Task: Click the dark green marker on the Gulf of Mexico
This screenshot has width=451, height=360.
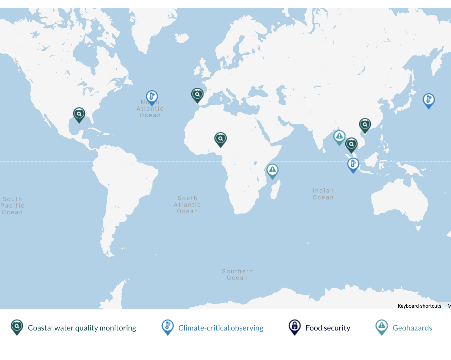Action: tap(79, 114)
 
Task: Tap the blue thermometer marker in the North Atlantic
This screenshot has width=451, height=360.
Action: tap(152, 97)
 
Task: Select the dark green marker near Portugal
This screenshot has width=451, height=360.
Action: tap(197, 95)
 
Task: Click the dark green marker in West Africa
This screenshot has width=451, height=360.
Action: tap(220, 139)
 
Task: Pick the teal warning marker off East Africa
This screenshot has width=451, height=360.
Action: tap(272, 170)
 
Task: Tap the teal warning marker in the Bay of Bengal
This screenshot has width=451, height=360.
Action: tap(339, 137)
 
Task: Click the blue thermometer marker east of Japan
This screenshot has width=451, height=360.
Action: tap(429, 100)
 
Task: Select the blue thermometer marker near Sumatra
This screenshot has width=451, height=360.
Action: tap(353, 164)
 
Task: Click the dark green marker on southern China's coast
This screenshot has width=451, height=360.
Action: tap(365, 125)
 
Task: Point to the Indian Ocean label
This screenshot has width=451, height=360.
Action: tap(323, 194)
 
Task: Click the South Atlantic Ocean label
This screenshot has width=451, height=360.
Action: tap(187, 205)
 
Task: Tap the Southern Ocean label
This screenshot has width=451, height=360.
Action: tap(237, 275)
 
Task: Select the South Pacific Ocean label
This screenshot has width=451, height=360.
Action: tap(12, 206)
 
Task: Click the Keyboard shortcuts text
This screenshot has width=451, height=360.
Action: tap(419, 306)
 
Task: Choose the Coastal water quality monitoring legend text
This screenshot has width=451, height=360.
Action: tap(82, 328)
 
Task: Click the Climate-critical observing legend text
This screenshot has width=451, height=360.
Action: tap(221, 328)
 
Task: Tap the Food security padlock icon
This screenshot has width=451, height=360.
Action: tap(295, 326)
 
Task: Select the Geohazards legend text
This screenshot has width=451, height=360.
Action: tap(412, 328)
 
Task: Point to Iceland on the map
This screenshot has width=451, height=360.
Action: tap(182, 38)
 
